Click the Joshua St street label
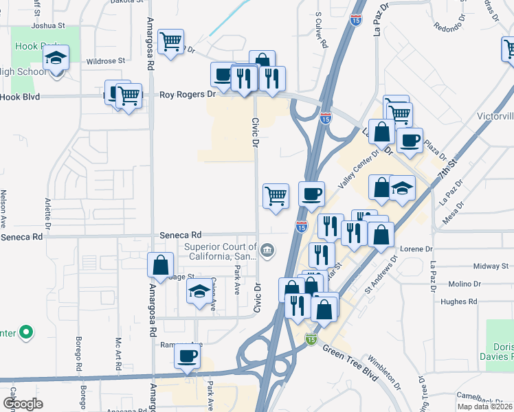(x=47, y=25)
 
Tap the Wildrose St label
(x=105, y=60)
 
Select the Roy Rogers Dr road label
(x=188, y=95)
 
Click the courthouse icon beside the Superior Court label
(x=267, y=250)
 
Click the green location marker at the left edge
(x=26, y=333)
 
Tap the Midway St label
(x=490, y=266)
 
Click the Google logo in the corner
(x=23, y=404)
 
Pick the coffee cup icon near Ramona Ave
(x=187, y=356)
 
